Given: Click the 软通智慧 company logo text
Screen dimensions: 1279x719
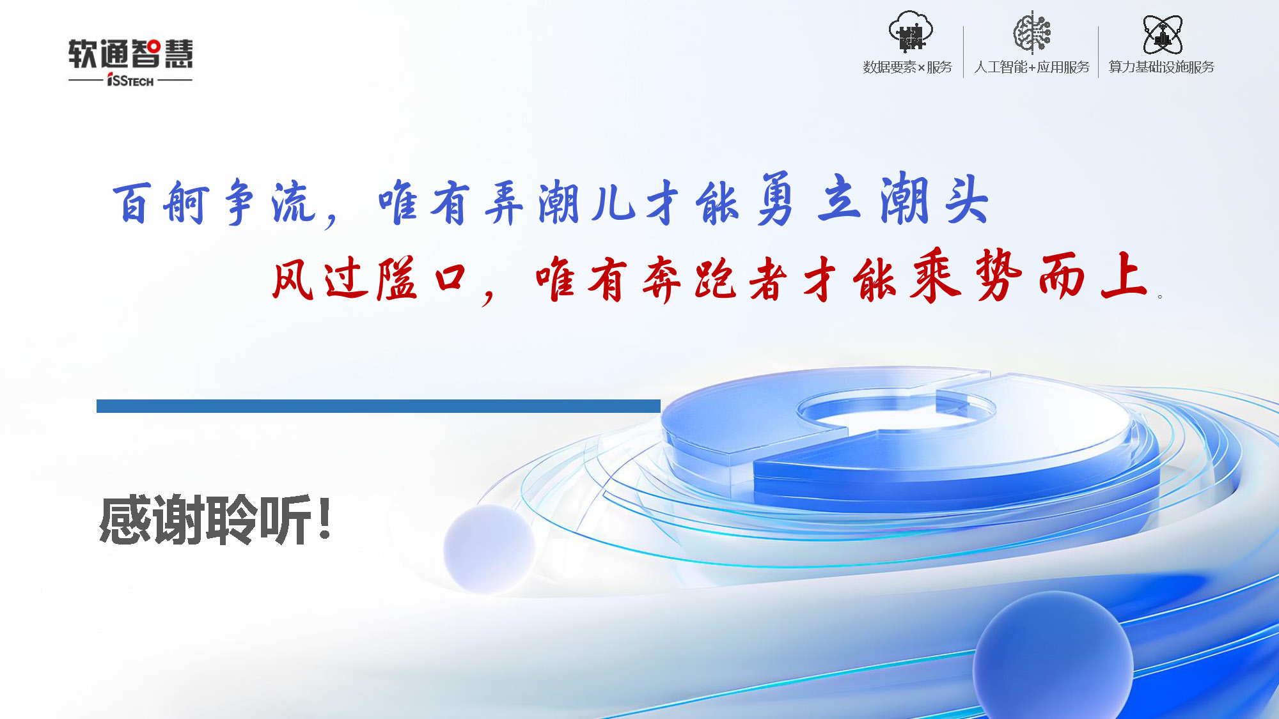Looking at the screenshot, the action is (x=130, y=54).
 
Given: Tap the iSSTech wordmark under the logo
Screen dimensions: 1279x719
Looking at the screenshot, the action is (x=130, y=81).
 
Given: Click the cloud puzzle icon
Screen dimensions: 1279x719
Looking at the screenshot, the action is (x=911, y=31).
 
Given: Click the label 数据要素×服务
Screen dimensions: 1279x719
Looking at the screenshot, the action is (x=907, y=67).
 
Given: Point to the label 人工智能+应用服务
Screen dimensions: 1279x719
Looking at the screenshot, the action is (x=1032, y=67).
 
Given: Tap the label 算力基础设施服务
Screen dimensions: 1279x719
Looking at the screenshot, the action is (x=1161, y=67).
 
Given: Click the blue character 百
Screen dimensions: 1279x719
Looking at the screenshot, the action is (x=132, y=203).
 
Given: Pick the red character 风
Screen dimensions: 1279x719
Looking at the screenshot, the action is (x=293, y=279).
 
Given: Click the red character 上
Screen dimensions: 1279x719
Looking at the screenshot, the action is (x=1124, y=274).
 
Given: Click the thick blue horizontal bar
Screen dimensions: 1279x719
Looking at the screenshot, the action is (x=379, y=406).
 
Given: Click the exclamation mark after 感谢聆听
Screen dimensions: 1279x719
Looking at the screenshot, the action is (x=325, y=518).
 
